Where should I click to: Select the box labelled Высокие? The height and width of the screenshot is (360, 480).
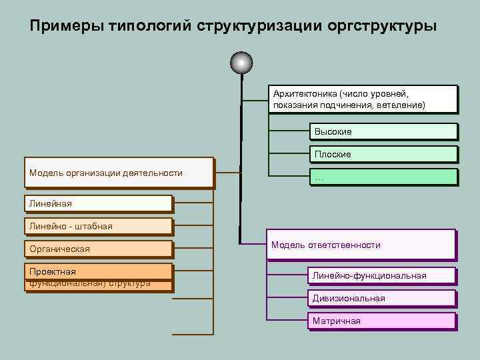tap(383, 132)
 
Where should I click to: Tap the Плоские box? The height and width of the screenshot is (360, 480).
tap(383, 154)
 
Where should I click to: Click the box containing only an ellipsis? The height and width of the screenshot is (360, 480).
tap(383, 177)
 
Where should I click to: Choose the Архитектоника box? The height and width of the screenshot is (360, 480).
tap(363, 99)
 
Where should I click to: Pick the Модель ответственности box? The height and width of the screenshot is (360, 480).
tap(361, 245)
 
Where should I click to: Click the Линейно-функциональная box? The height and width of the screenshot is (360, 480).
tap(381, 275)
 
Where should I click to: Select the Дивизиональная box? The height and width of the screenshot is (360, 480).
tap(381, 298)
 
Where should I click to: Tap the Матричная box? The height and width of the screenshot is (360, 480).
tap(381, 321)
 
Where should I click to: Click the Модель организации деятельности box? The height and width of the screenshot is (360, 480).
tap(119, 173)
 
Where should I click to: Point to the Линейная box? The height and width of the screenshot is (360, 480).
tap(97, 203)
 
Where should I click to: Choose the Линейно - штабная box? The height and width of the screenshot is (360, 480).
tap(97, 226)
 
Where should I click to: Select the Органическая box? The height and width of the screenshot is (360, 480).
tap(97, 249)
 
